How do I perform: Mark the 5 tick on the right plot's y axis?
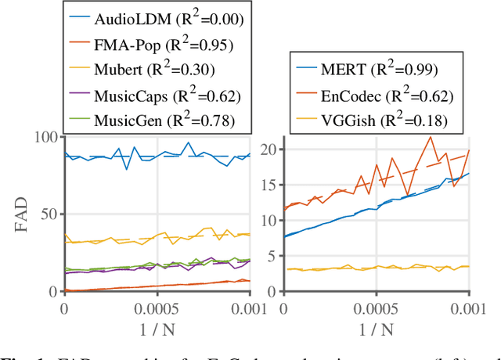point(270,256)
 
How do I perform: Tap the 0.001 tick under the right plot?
point(467,309)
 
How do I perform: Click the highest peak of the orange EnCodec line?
point(430,137)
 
